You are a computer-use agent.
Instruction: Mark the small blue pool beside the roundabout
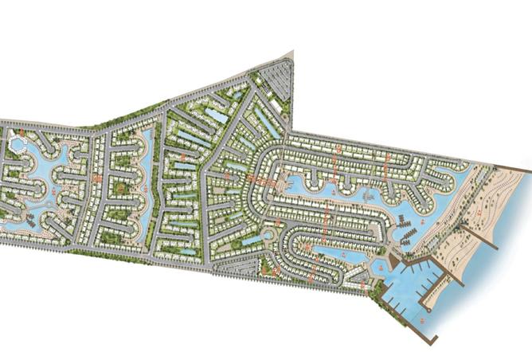[253, 239]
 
